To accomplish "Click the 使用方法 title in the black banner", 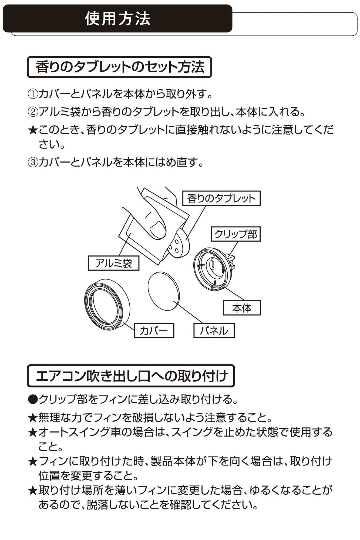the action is pyautogui.click(x=118, y=19).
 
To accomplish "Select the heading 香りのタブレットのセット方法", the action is pyautogui.click(x=119, y=67).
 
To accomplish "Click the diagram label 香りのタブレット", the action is pyautogui.click(x=221, y=198).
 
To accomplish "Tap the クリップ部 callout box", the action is pyautogui.click(x=235, y=234).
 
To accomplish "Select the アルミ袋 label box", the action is pyautogui.click(x=114, y=263).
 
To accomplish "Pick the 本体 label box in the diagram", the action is pyautogui.click(x=242, y=308).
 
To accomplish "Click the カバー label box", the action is pyautogui.click(x=154, y=330).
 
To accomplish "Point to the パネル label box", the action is pyautogui.click(x=214, y=330).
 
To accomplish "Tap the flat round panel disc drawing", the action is pyautogui.click(x=164, y=292).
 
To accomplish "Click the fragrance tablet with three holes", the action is pyautogui.click(x=179, y=243).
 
